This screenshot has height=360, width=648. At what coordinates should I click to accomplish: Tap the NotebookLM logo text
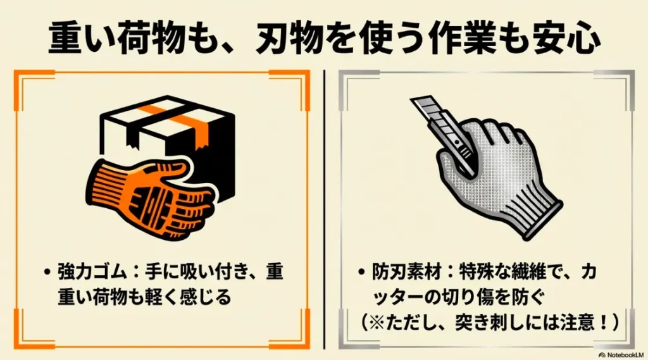coord(623,353)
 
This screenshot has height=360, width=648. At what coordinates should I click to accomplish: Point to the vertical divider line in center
coord(324,209)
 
